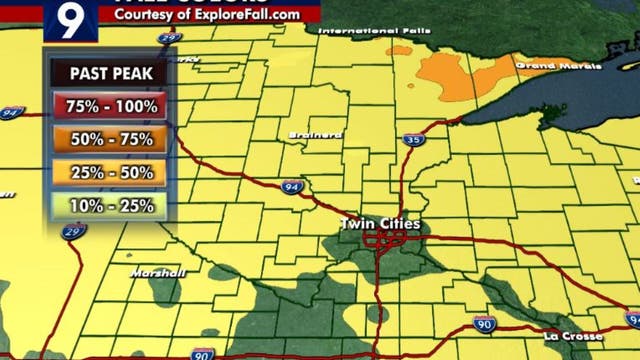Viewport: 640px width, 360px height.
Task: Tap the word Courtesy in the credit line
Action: point(146,15)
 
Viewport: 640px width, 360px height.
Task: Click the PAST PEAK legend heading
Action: point(110,73)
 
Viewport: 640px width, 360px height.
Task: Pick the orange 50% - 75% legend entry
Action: point(110,139)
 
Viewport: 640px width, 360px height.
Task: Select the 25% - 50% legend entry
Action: point(110,172)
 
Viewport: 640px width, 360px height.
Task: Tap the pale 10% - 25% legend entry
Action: point(110,205)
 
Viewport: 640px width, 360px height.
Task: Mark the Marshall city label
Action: point(157,272)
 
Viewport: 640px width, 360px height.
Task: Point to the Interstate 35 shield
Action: point(414,140)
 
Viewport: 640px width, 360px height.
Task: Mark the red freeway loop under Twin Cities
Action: point(385,240)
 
